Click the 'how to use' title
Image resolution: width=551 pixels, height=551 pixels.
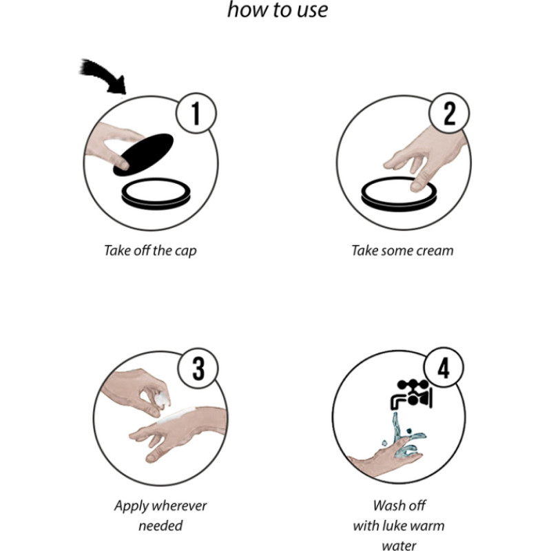[278, 10]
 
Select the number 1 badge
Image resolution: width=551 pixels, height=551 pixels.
[196, 113]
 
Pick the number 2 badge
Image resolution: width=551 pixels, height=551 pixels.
[449, 113]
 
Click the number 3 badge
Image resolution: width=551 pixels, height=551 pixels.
[198, 368]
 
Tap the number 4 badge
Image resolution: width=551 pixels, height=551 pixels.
[444, 367]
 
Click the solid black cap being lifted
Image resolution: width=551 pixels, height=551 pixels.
[143, 154]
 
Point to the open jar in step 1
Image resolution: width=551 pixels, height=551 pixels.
[156, 194]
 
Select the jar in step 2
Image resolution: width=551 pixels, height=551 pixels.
[399, 194]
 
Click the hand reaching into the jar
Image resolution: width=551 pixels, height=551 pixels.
[425, 158]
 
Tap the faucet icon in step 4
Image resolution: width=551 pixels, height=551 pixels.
[412, 394]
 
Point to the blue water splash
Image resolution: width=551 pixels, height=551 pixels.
[404, 437]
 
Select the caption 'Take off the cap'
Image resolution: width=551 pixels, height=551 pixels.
[150, 251]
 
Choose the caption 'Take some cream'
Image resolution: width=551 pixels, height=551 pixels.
[402, 251]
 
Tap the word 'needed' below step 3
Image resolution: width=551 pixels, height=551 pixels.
[160, 526]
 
